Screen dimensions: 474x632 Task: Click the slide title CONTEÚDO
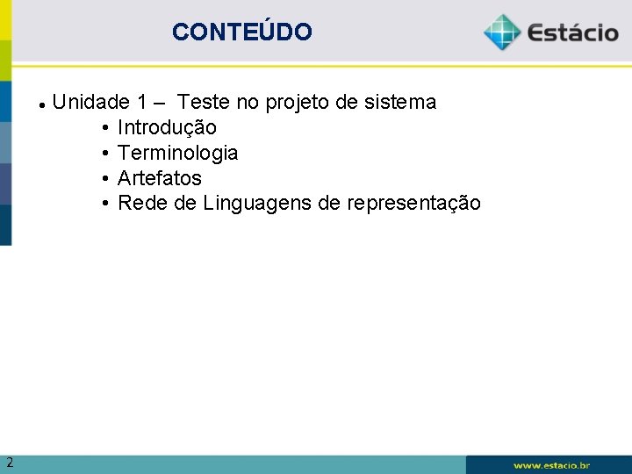[x=241, y=32]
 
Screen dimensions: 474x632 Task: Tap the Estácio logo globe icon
[x=502, y=32]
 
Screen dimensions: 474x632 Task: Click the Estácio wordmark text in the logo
[x=572, y=34]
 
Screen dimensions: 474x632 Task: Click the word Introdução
[x=167, y=128]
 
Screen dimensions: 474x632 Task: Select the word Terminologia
[x=177, y=154]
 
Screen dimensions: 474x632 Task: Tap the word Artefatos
[x=159, y=178]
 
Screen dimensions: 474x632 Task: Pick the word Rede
[x=138, y=204]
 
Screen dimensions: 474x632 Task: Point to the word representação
[x=413, y=204]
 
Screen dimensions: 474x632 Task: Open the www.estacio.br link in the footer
[x=551, y=465]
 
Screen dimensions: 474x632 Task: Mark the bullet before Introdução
[x=104, y=128]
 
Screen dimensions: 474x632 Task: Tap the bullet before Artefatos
[x=104, y=178]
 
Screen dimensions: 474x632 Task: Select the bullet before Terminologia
[x=104, y=154]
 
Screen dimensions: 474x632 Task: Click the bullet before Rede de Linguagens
[x=104, y=204]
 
